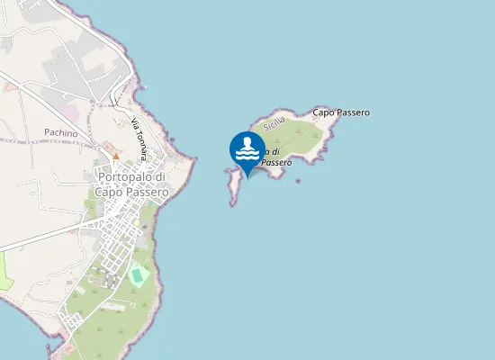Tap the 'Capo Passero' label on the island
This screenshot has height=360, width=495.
coord(341,112)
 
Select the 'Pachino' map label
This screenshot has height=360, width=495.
coord(60,132)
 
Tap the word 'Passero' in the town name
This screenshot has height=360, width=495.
coord(143,191)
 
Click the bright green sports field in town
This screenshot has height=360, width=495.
coord(137,274)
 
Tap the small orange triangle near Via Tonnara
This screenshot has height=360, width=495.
coord(115,156)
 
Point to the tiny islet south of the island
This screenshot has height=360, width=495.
coord(298,180)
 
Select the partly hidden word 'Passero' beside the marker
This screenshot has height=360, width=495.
coord(276,162)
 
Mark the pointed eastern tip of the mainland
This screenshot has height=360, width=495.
coord(193,160)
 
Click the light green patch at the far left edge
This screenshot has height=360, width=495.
coord(4,270)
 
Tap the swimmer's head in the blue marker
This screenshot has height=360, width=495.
coord(247,139)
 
